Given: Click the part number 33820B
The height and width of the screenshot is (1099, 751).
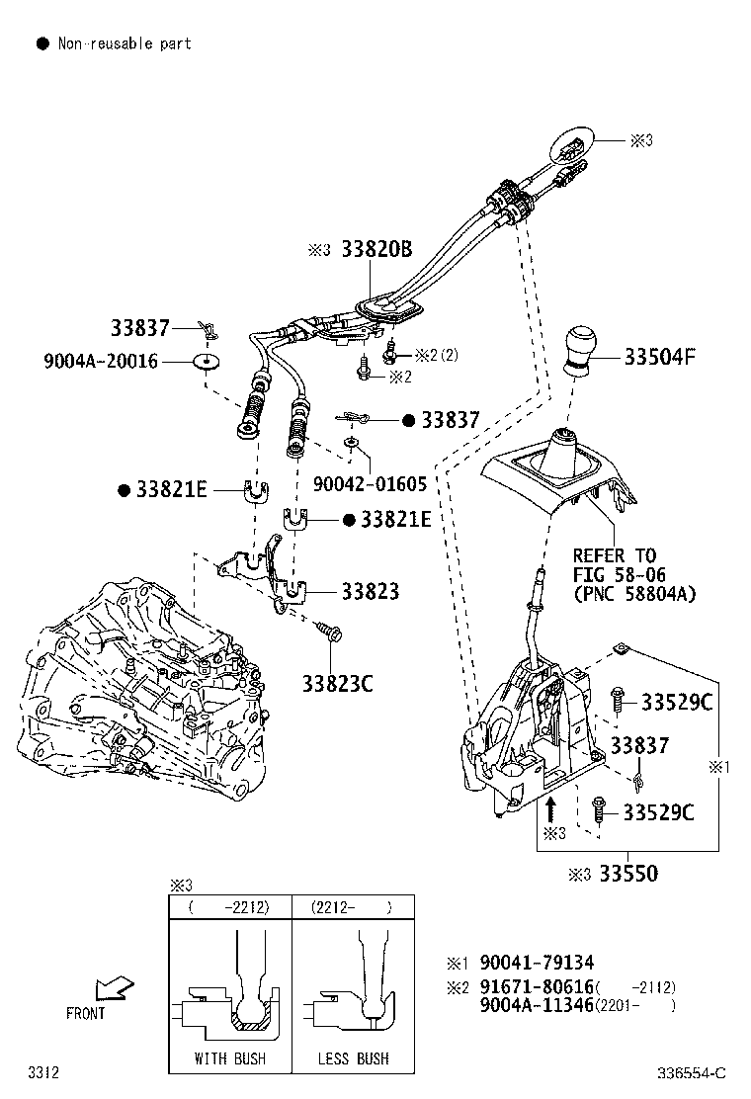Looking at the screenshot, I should tap(376, 250).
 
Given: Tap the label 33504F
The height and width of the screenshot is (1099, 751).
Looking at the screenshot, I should tap(659, 357).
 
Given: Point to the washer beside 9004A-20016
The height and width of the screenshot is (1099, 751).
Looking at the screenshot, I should tap(207, 361).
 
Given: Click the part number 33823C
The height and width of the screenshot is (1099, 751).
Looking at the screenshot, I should tap(337, 682).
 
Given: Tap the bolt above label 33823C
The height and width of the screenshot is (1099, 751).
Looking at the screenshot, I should tap(327, 630).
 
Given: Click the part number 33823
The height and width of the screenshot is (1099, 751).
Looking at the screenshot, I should tap(371, 592).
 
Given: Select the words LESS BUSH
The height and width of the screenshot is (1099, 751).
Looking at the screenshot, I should tap(353, 1058).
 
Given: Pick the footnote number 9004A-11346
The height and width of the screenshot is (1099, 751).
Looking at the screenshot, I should tap(537, 1005).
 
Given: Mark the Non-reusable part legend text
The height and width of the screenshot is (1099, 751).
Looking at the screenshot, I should tap(125, 43).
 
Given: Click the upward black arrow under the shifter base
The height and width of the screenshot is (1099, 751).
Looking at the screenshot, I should tap(549, 810).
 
